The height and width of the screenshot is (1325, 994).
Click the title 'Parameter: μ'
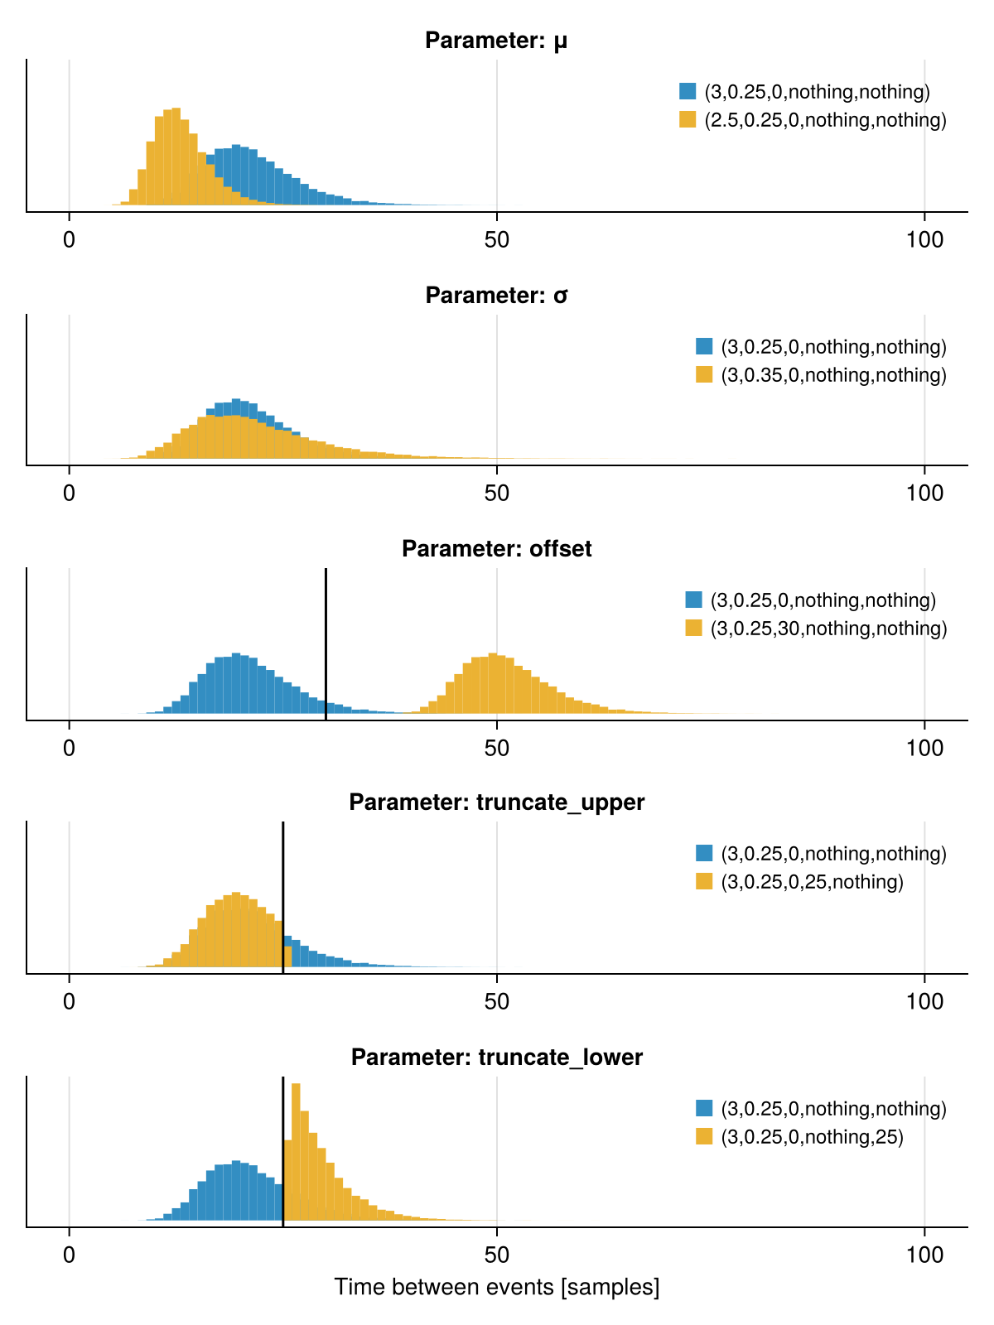(x=496, y=41)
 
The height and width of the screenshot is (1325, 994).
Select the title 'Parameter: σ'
(x=496, y=296)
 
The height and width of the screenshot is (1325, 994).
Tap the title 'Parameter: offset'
(x=496, y=549)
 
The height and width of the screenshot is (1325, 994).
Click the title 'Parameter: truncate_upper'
(x=496, y=802)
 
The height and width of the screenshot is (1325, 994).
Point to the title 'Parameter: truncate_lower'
(x=496, y=1058)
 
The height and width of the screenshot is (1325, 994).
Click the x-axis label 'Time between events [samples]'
(x=496, y=1288)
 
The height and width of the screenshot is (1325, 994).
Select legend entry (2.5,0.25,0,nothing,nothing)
(x=824, y=120)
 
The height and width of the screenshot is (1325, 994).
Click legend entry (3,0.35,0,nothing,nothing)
(x=832, y=375)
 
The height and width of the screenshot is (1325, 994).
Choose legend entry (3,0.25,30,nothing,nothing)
(x=828, y=629)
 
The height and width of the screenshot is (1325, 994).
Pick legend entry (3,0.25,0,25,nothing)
(x=811, y=882)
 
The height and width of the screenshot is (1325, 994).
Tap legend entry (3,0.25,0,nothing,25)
(x=811, y=1137)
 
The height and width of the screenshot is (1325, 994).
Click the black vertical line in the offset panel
(x=326, y=638)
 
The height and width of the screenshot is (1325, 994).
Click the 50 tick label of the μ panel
(x=496, y=240)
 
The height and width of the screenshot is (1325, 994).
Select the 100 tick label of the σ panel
(x=924, y=494)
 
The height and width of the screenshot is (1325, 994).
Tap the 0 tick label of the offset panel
(x=70, y=749)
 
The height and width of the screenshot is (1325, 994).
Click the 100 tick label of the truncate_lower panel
(x=924, y=1255)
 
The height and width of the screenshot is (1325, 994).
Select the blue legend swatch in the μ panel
(x=688, y=91)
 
